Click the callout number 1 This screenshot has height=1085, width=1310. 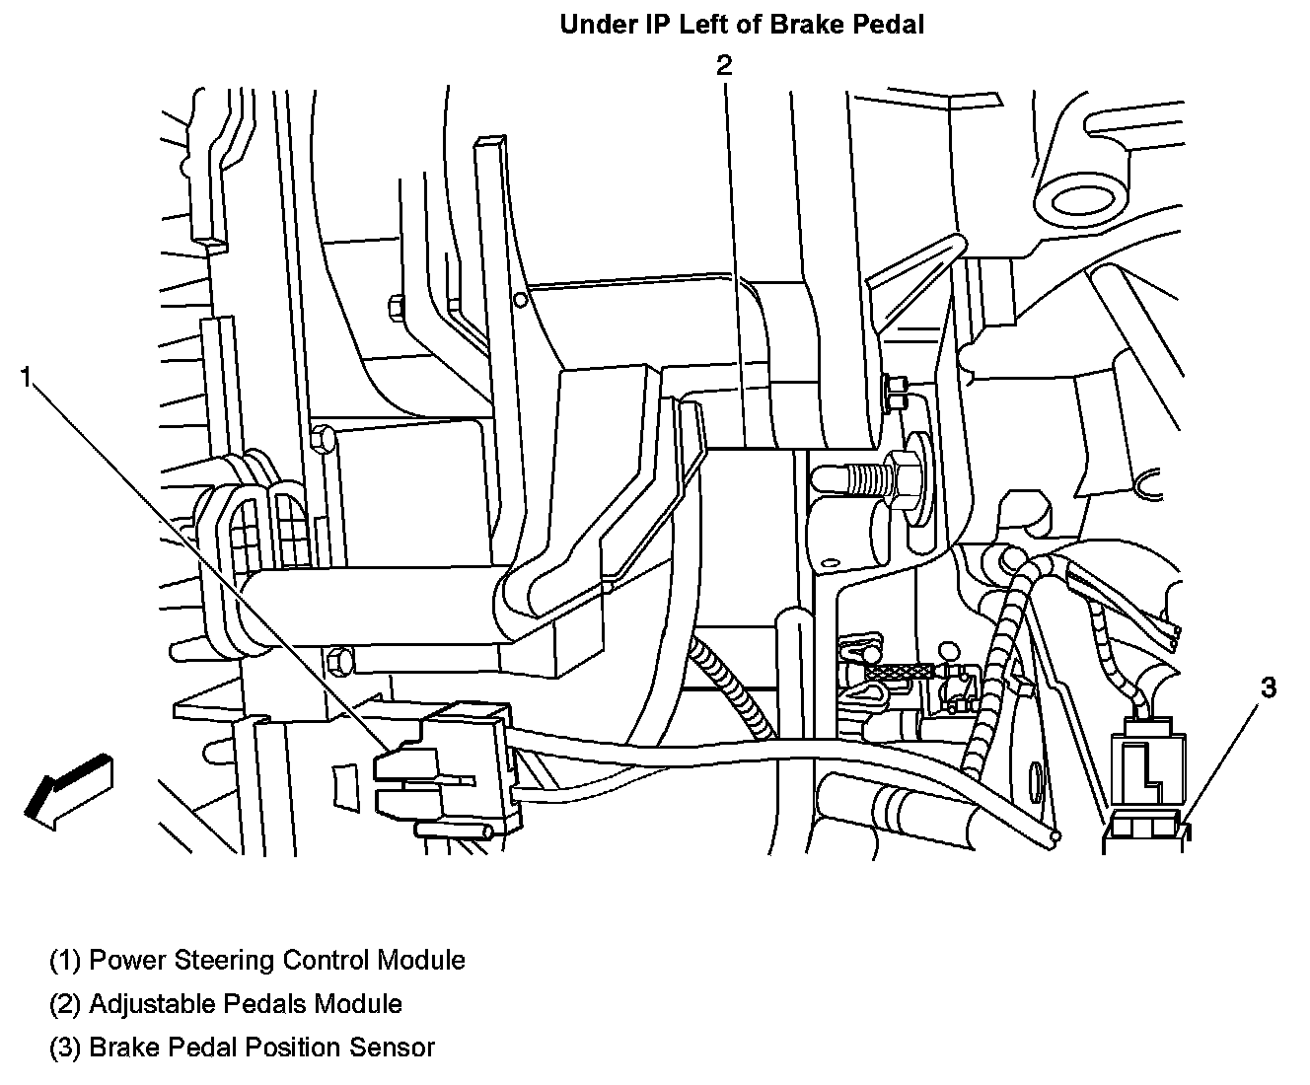point(29,376)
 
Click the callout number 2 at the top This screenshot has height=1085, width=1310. point(724,65)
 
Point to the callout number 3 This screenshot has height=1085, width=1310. point(1269,688)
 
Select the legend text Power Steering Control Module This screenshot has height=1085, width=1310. point(277,960)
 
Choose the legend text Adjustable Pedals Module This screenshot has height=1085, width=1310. point(246,1004)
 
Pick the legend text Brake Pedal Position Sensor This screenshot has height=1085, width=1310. point(261,1048)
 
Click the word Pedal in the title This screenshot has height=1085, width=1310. point(885,25)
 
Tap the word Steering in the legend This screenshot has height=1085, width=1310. point(224,960)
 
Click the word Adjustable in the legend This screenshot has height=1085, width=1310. point(148,1004)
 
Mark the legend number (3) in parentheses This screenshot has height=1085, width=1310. point(65,1048)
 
